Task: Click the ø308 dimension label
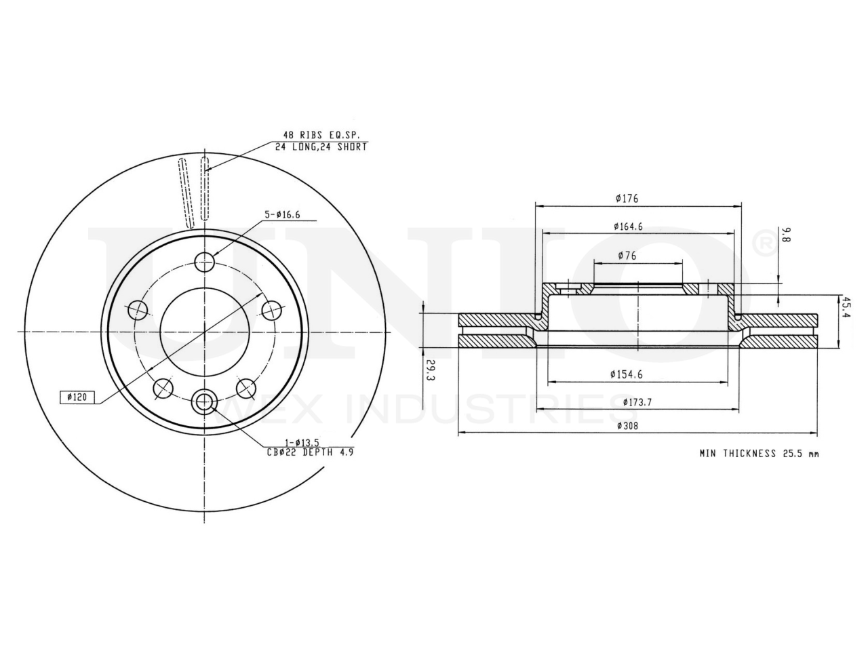627,426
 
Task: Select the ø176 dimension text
627,199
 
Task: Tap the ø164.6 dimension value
629,226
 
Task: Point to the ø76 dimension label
627,256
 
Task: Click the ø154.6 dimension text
627,374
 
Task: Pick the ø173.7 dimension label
637,402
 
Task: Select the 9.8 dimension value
786,236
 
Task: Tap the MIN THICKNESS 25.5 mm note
759,454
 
